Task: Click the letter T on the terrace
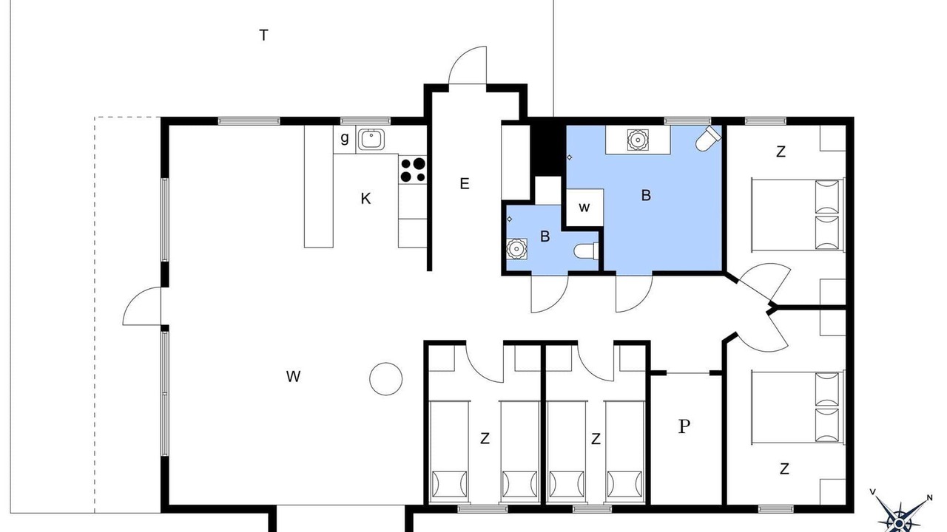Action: click(x=263, y=35)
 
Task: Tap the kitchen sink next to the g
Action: click(x=371, y=140)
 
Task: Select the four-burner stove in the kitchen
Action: click(x=412, y=169)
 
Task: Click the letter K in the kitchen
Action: click(x=365, y=199)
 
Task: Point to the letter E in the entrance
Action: click(x=464, y=184)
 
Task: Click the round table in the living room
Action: click(x=385, y=379)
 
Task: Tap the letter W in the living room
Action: click(x=293, y=376)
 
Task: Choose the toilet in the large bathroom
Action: click(x=708, y=137)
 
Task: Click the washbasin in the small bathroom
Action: click(x=516, y=249)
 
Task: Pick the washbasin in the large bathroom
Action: click(x=637, y=140)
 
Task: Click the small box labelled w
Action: click(x=584, y=208)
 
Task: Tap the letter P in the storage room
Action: click(x=684, y=426)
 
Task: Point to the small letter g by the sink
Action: click(x=345, y=138)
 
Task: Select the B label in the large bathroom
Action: click(x=646, y=195)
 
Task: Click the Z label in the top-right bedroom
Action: click(x=781, y=151)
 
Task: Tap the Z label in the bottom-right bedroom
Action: click(x=784, y=468)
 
